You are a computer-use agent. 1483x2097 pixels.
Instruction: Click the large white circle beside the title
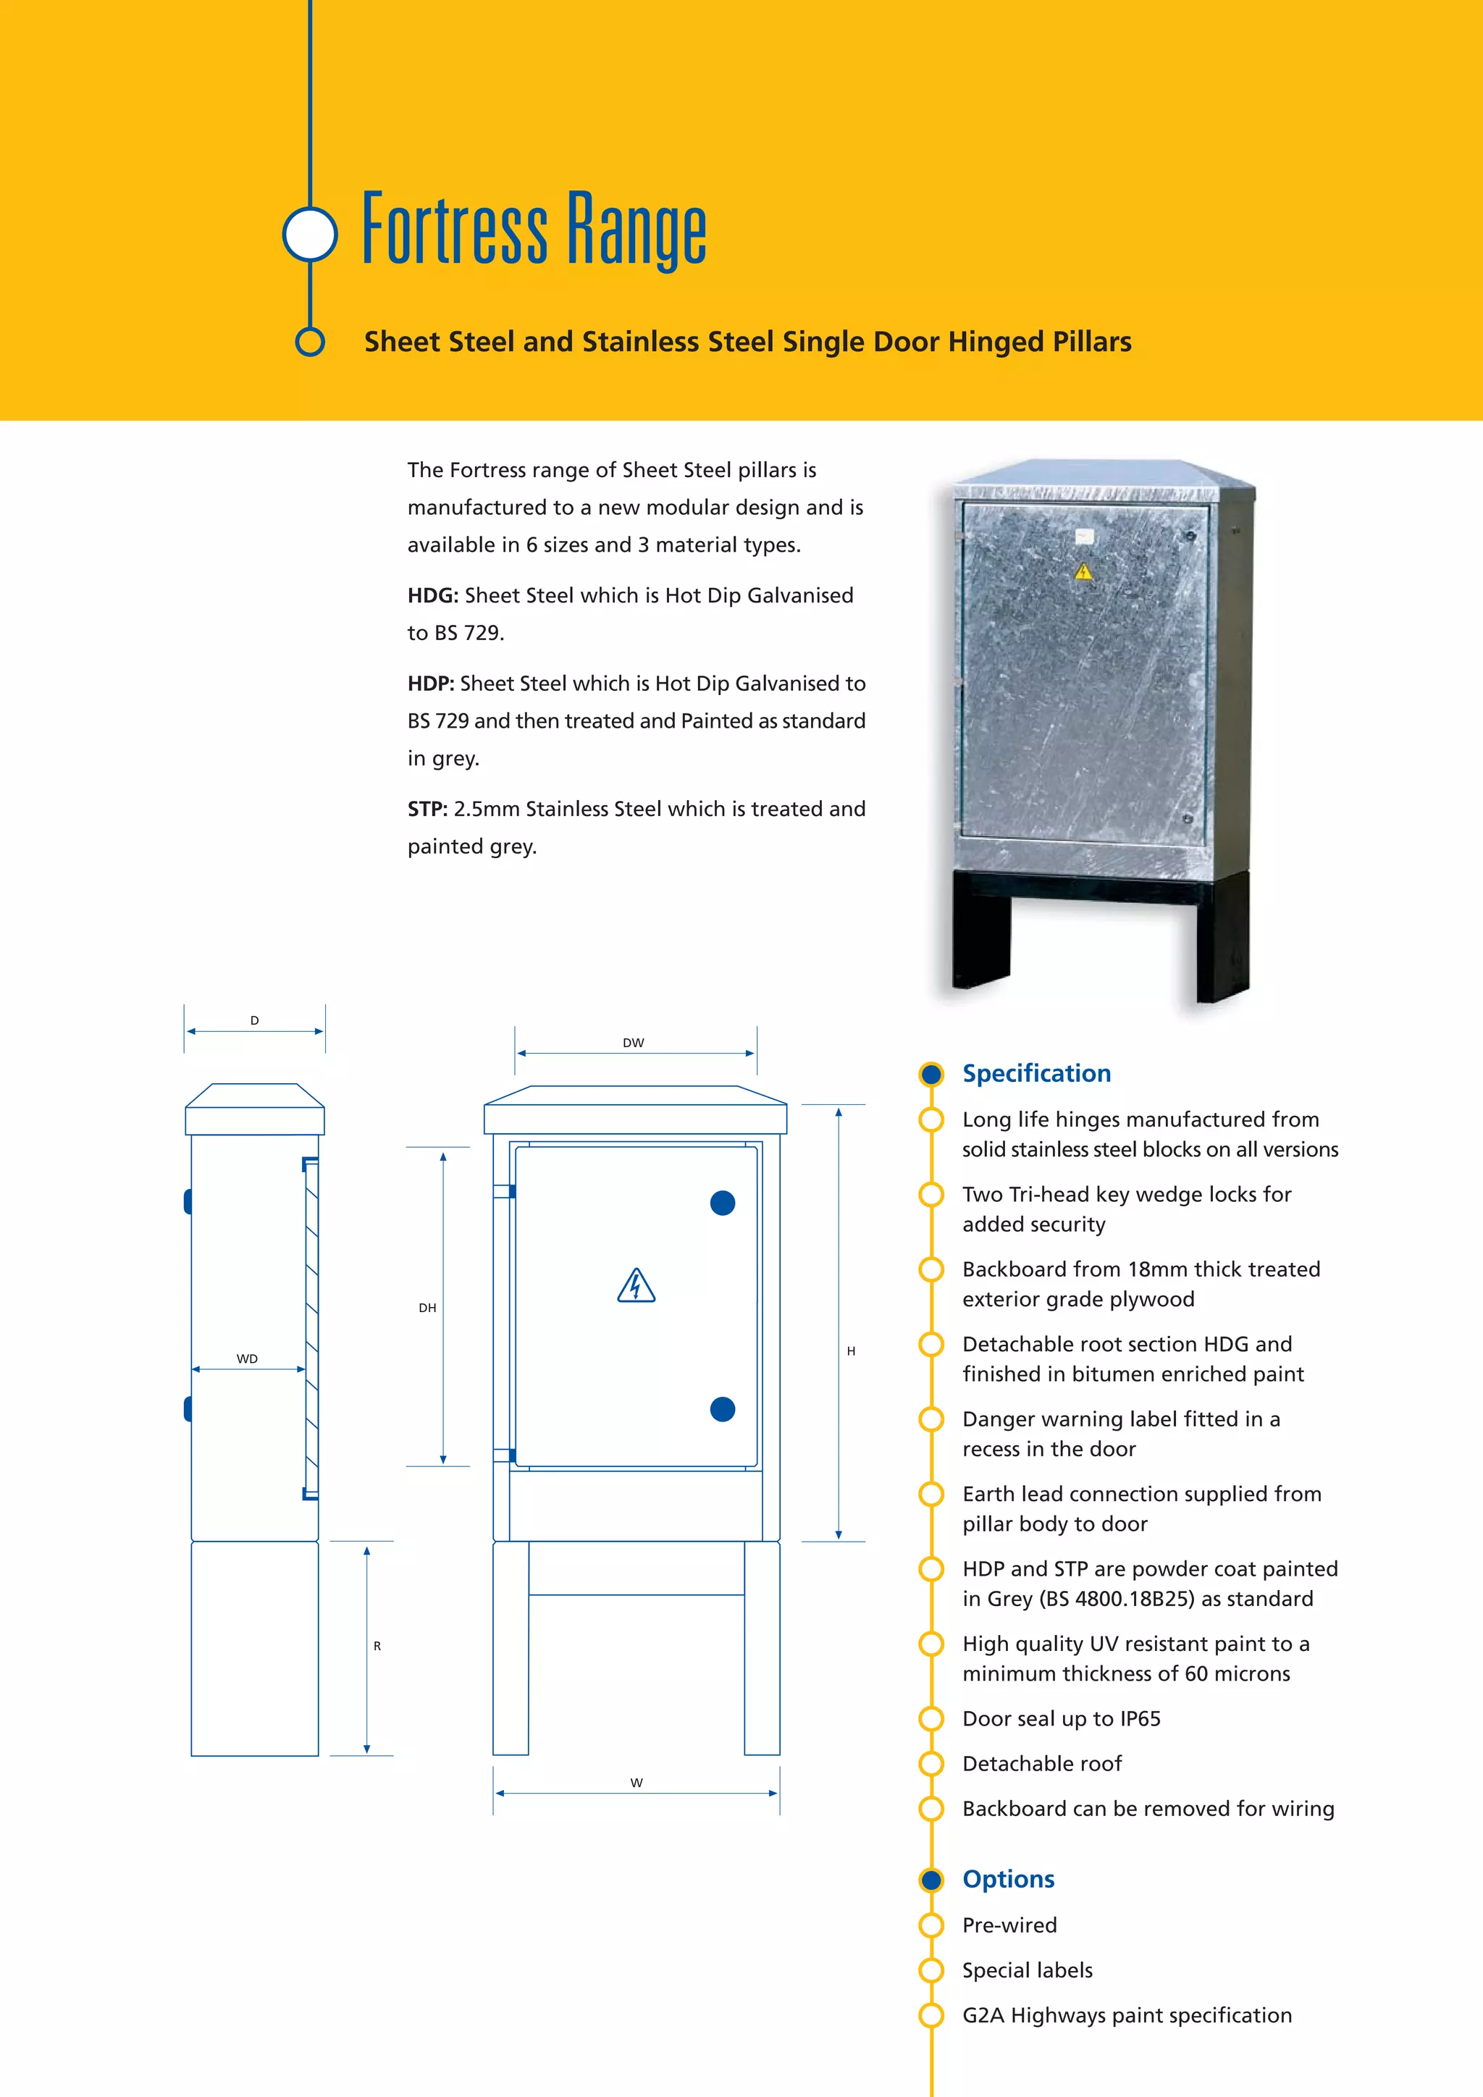pyautogui.click(x=311, y=234)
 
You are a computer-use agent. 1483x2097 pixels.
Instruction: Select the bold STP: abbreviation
pyautogui.click(x=427, y=810)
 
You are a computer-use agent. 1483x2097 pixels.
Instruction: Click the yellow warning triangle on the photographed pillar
pyautogui.click(x=1083, y=573)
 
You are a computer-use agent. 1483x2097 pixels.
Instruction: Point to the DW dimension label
pyautogui.click(x=633, y=1042)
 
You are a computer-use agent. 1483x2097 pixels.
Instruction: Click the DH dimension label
pyautogui.click(x=427, y=1308)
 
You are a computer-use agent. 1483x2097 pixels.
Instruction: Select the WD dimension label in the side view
pyautogui.click(x=246, y=1359)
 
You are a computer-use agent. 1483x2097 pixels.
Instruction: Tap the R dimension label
pyautogui.click(x=377, y=1646)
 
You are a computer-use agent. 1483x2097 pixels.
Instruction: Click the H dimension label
pyautogui.click(x=851, y=1350)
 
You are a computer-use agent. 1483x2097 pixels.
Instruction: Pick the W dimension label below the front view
pyautogui.click(x=637, y=1782)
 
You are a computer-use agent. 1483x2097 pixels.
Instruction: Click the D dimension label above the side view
pyautogui.click(x=255, y=1020)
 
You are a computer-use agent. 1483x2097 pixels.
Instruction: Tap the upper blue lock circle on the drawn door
pyautogui.click(x=723, y=1203)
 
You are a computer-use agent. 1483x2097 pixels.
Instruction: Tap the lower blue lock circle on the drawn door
pyautogui.click(x=723, y=1409)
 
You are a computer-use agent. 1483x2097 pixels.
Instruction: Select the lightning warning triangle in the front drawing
pyautogui.click(x=637, y=1286)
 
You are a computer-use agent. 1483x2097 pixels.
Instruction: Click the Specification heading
pyautogui.click(x=1036, y=1073)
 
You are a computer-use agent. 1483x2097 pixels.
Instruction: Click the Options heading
pyautogui.click(x=1008, y=1879)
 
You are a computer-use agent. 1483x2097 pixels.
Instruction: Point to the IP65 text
pyautogui.click(x=1140, y=1719)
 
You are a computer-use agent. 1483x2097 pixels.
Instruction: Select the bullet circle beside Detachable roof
pyautogui.click(x=930, y=1764)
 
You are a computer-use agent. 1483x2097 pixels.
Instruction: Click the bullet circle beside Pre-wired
pyautogui.click(x=930, y=1925)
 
